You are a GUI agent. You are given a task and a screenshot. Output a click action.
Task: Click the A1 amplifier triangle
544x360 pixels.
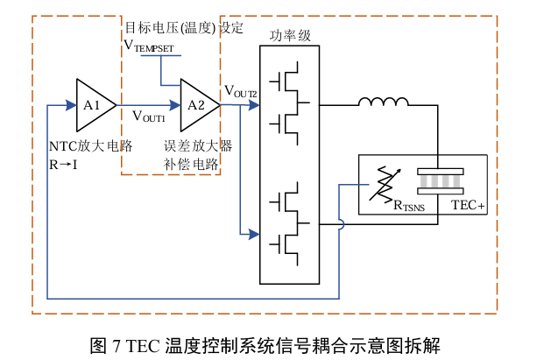(93, 105)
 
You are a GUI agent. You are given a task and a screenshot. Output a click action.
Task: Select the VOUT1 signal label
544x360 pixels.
(148, 116)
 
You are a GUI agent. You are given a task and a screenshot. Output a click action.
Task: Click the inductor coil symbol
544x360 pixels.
(384, 105)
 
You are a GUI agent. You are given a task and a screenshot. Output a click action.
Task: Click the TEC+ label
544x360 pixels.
(468, 206)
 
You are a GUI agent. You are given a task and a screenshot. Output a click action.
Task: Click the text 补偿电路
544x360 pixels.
(190, 163)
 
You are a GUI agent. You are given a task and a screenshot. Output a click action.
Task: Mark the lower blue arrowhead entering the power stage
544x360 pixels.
(254, 234)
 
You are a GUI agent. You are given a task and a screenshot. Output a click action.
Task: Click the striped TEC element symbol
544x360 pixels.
(441, 182)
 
